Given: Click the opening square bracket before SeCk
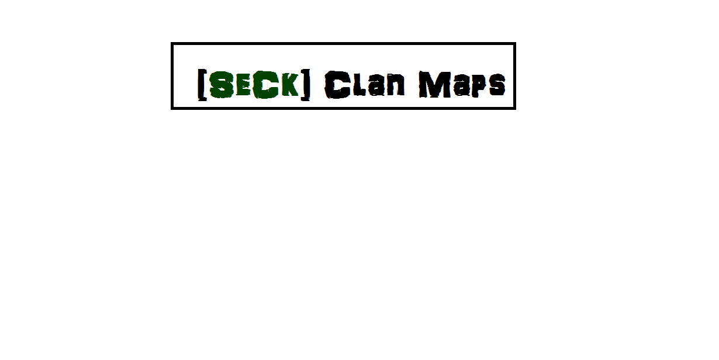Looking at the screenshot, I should pyautogui.click(x=201, y=85).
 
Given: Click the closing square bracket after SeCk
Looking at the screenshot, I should pyautogui.click(x=305, y=85).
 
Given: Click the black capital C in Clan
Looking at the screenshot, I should pyautogui.click(x=337, y=85).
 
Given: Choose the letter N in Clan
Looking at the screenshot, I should pyautogui.click(x=397, y=86).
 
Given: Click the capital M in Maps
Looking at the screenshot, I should pyautogui.click(x=434, y=85).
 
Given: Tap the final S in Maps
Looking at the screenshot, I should pyautogui.click(x=496, y=86).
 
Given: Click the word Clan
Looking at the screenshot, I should pyautogui.click(x=365, y=85).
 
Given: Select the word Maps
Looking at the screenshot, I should pyautogui.click(x=462, y=85).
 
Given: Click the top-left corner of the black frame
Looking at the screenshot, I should pyautogui.click(x=172, y=44).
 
